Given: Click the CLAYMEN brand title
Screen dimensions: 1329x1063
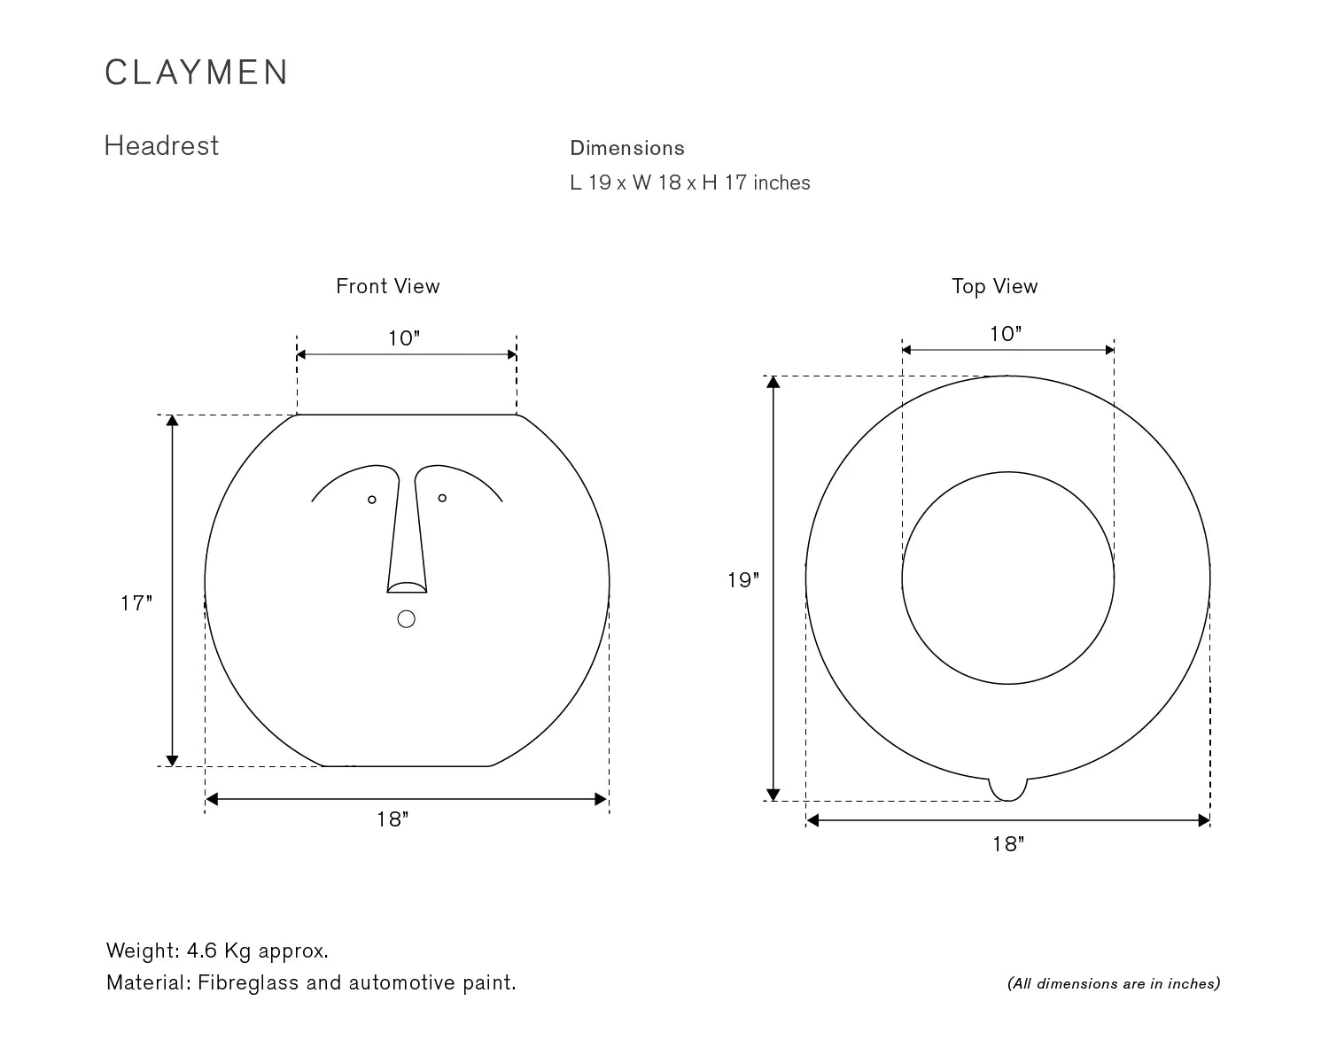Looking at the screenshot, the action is pos(196,73).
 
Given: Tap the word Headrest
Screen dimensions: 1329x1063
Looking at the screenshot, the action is pos(161,146).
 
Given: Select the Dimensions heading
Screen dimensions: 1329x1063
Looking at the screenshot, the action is pos(626,148).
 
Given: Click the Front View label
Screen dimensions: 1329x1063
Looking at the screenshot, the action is pos(388,286).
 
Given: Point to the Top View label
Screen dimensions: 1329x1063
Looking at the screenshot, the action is pos(994,287).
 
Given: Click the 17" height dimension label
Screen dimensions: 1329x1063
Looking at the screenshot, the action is pos(136,603).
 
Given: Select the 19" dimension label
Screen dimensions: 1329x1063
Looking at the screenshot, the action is pos(743,580).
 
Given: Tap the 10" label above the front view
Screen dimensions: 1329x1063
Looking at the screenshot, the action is pos(404,338).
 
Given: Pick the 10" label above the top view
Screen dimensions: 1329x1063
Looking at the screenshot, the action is pos(1006,334).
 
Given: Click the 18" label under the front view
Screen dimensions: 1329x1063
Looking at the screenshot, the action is pos(392,819).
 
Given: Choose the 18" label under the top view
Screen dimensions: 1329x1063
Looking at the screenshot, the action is pos(1008,843).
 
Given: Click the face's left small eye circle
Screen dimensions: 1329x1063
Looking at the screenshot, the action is pos(372,500).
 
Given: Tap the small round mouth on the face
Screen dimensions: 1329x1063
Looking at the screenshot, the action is pos(407,619).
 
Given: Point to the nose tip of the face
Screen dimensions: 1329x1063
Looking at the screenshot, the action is pos(407,587).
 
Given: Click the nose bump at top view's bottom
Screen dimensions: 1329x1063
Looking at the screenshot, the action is pos(1008,790).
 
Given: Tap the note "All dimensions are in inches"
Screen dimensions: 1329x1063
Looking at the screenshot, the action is pos(1114,983).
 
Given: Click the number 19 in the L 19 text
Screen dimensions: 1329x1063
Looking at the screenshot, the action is pos(599,182).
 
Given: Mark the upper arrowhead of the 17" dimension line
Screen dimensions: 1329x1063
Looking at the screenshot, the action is pos(172,421).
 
